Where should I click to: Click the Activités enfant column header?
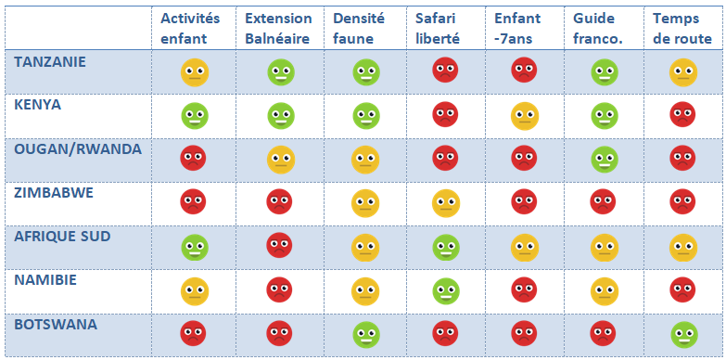point(190,28)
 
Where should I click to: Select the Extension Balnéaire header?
point(278,28)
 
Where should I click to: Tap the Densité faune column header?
point(359,28)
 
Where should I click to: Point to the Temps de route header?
point(682,28)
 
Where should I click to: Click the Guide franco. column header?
point(598,28)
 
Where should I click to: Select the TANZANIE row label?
point(50,61)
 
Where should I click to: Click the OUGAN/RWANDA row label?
point(78,149)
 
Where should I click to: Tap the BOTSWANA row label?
point(56,325)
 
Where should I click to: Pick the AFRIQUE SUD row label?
point(62,237)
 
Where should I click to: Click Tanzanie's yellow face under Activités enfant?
point(195,72)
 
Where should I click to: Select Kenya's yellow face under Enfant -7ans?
point(525,116)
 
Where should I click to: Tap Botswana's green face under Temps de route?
point(683,335)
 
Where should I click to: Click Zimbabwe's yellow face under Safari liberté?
point(446,203)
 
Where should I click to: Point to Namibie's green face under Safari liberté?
point(446,291)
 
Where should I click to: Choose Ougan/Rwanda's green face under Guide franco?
point(605,160)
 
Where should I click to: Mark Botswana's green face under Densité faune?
point(365,335)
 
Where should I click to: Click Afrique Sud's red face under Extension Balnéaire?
point(279,245)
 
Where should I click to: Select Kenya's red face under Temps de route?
point(682,114)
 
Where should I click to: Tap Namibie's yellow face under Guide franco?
point(605,291)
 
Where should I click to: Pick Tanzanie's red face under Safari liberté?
point(445,70)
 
